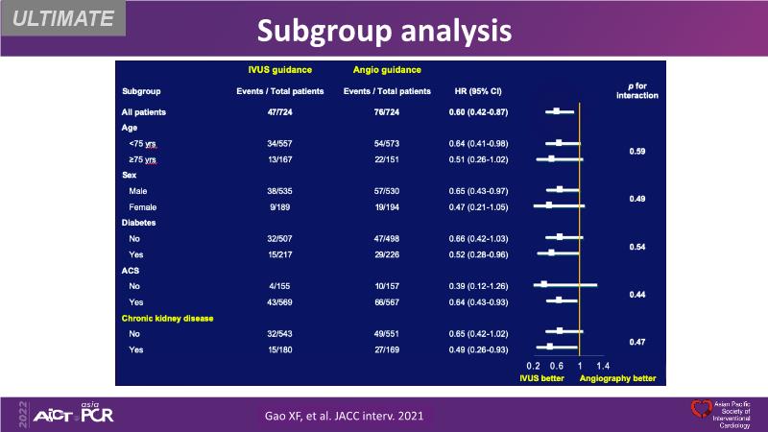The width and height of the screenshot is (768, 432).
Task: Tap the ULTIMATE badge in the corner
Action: (60, 18)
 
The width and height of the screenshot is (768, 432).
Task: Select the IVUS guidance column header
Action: (278, 70)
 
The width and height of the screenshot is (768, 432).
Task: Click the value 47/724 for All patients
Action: (280, 112)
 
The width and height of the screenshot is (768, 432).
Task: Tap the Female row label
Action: (143, 205)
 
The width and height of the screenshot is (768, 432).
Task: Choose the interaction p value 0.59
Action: (636, 152)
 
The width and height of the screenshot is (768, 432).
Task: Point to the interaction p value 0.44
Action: (636, 294)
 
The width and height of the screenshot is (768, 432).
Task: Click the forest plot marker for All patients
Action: (556, 112)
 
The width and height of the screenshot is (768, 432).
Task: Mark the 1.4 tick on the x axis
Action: (603, 366)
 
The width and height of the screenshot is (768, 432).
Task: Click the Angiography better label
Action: (617, 378)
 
